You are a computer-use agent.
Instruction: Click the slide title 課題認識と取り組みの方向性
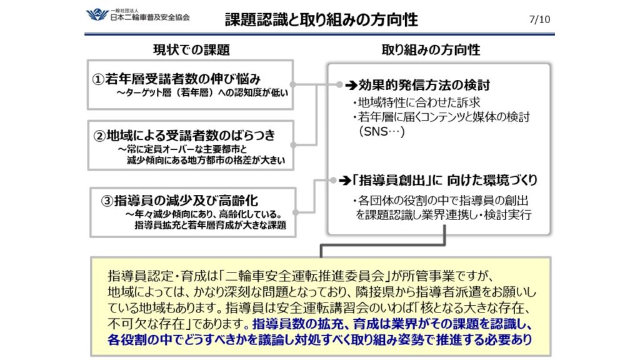[321, 19]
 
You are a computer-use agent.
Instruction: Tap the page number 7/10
[539, 19]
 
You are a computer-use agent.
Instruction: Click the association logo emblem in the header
[96, 14]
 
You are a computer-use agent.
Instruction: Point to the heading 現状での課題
[192, 50]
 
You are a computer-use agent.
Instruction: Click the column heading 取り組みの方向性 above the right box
[431, 50]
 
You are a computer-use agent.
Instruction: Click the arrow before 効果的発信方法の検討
[349, 84]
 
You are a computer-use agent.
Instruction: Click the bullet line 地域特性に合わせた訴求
[408, 103]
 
